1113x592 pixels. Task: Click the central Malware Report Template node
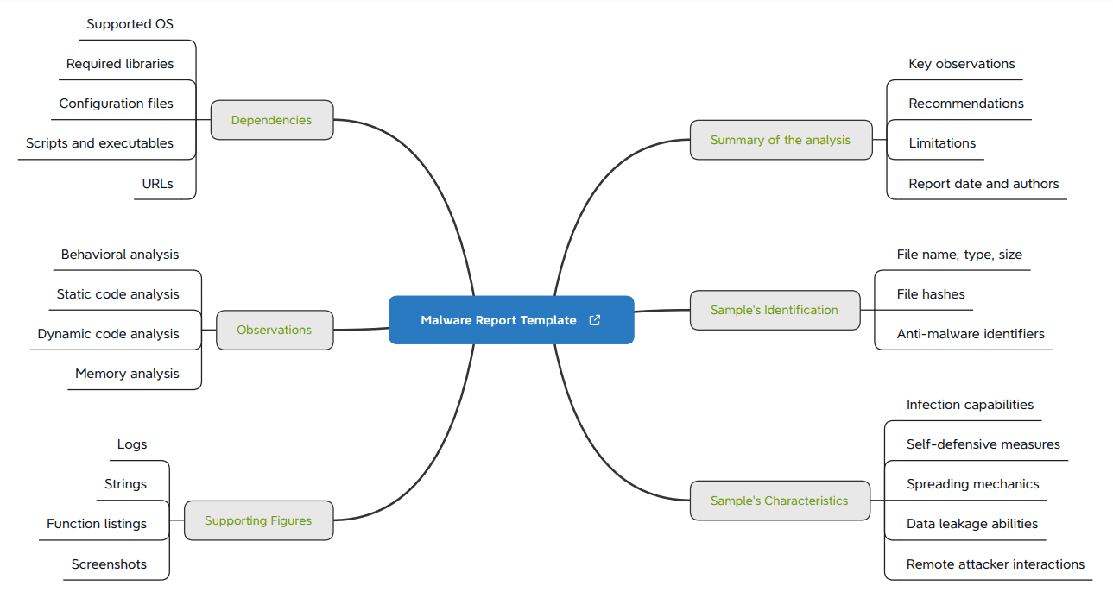point(498,320)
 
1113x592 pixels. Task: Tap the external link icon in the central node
point(594,320)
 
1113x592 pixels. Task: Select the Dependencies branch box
point(271,120)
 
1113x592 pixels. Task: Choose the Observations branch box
point(274,330)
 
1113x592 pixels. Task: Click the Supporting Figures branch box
point(258,520)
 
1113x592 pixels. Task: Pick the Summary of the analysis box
point(781,140)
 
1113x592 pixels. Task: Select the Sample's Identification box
point(775,310)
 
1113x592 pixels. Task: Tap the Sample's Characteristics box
point(780,501)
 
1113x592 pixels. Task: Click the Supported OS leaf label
point(130,24)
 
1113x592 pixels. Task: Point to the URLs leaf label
point(158,183)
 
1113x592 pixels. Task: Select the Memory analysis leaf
point(127,374)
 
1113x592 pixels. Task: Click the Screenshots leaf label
point(109,564)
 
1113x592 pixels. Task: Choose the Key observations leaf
point(962,64)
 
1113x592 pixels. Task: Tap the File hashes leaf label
point(931,294)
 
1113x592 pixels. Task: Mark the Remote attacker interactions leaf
point(996,564)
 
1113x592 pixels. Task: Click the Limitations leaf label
point(942,143)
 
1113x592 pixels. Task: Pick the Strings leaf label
point(125,484)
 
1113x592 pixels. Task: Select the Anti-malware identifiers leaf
point(971,334)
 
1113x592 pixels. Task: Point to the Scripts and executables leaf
point(99,143)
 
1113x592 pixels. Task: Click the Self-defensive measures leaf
point(983,444)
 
